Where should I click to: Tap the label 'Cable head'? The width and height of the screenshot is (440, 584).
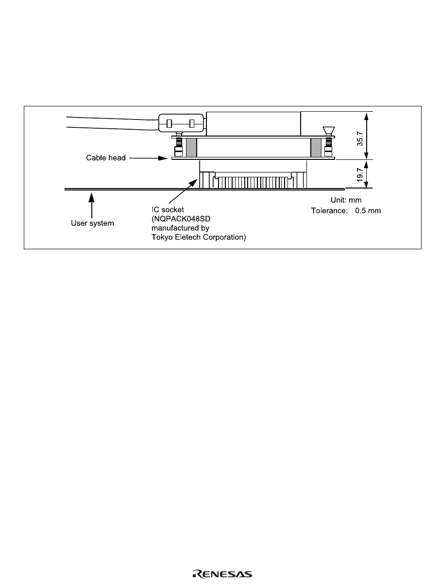click(106, 158)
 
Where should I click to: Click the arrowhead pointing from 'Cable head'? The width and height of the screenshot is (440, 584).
click(163, 158)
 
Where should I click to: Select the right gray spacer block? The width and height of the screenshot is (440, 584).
click(316, 147)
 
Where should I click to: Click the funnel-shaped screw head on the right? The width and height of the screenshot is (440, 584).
click(328, 130)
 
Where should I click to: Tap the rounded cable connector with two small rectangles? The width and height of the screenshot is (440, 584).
click(180, 124)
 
